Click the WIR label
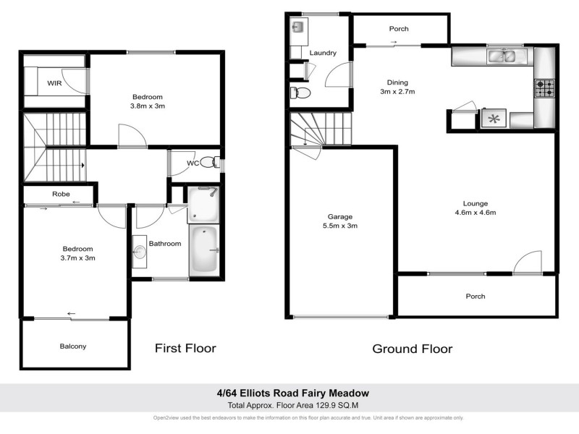(54, 83)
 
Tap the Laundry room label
(323, 54)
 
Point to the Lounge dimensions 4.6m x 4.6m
(474, 213)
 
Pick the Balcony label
(73, 346)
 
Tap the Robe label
(60, 194)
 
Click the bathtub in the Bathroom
(206, 250)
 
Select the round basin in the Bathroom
(140, 252)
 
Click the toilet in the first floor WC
(210, 162)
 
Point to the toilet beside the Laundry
(300, 93)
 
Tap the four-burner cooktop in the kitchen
(544, 88)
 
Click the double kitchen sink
(506, 55)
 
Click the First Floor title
(185, 348)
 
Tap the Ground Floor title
(412, 349)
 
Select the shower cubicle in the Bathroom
(203, 204)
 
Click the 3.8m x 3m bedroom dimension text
(147, 106)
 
